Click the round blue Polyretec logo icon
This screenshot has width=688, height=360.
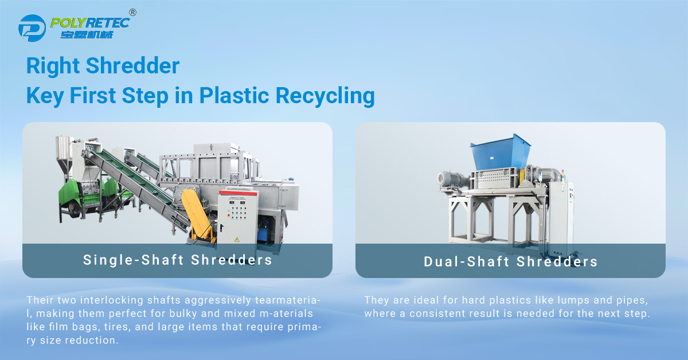(32, 28)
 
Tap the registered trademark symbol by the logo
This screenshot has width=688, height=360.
(132, 13)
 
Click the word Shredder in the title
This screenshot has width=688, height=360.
(132, 66)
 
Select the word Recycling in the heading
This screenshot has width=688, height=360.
(325, 96)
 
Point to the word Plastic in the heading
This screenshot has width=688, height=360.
(234, 95)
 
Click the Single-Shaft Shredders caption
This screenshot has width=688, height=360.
(178, 260)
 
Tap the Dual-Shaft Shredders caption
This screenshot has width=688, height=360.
(510, 262)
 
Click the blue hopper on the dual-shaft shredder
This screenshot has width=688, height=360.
(501, 152)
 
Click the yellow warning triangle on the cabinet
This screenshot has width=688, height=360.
(237, 240)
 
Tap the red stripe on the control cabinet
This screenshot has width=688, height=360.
(238, 193)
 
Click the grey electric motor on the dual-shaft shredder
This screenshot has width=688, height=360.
(452, 179)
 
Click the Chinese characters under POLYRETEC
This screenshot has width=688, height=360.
(87, 35)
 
